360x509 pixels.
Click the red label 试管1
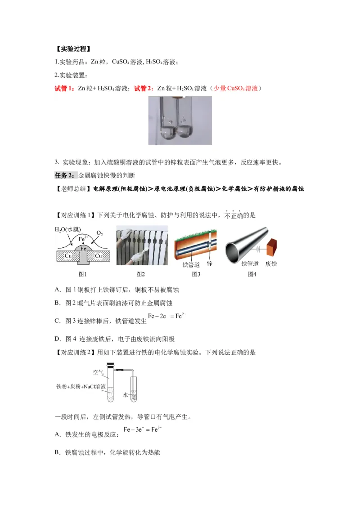(x=64, y=89)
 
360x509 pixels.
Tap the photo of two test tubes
(x=180, y=120)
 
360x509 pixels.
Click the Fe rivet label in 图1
(x=83, y=248)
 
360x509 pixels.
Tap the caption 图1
(x=82, y=274)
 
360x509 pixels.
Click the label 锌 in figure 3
(x=209, y=263)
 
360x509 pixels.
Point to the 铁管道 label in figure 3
(x=191, y=264)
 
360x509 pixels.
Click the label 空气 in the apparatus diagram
(x=98, y=372)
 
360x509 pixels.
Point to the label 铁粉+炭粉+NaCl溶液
(x=81, y=386)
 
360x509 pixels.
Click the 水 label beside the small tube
(x=126, y=395)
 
